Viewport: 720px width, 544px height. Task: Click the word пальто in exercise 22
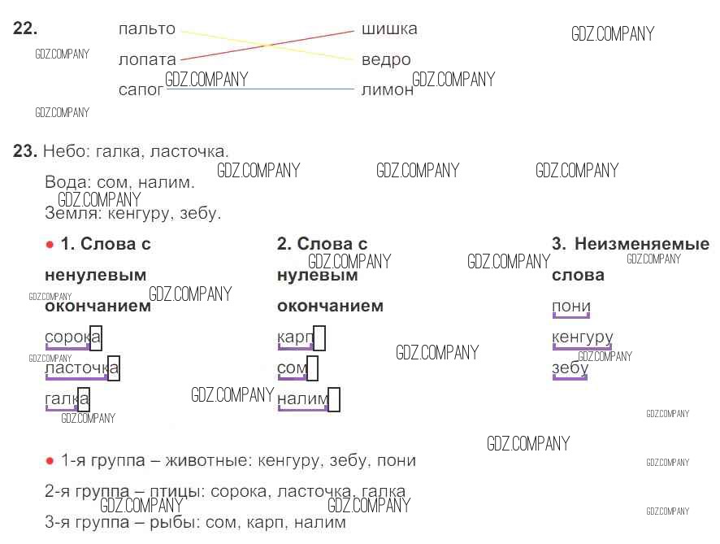point(146,29)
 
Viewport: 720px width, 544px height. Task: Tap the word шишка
point(389,29)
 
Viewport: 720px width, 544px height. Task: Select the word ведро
point(386,60)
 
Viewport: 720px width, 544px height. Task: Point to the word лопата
point(146,60)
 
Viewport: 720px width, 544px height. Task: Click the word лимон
point(387,90)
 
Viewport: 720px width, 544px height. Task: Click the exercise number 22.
point(25,28)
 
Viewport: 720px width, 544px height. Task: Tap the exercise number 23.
point(25,151)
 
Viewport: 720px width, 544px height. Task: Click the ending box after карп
point(319,337)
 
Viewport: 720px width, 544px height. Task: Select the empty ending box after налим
point(333,399)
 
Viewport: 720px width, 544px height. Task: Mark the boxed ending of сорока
point(96,337)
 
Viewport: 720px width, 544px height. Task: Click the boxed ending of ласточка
point(114,368)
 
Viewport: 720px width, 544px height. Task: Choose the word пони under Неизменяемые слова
point(570,307)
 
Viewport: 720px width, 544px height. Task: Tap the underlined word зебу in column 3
point(570,368)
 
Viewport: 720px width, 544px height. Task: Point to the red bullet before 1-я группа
point(50,461)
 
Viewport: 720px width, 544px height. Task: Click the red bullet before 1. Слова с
point(50,244)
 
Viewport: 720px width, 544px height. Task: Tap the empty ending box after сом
point(312,368)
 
